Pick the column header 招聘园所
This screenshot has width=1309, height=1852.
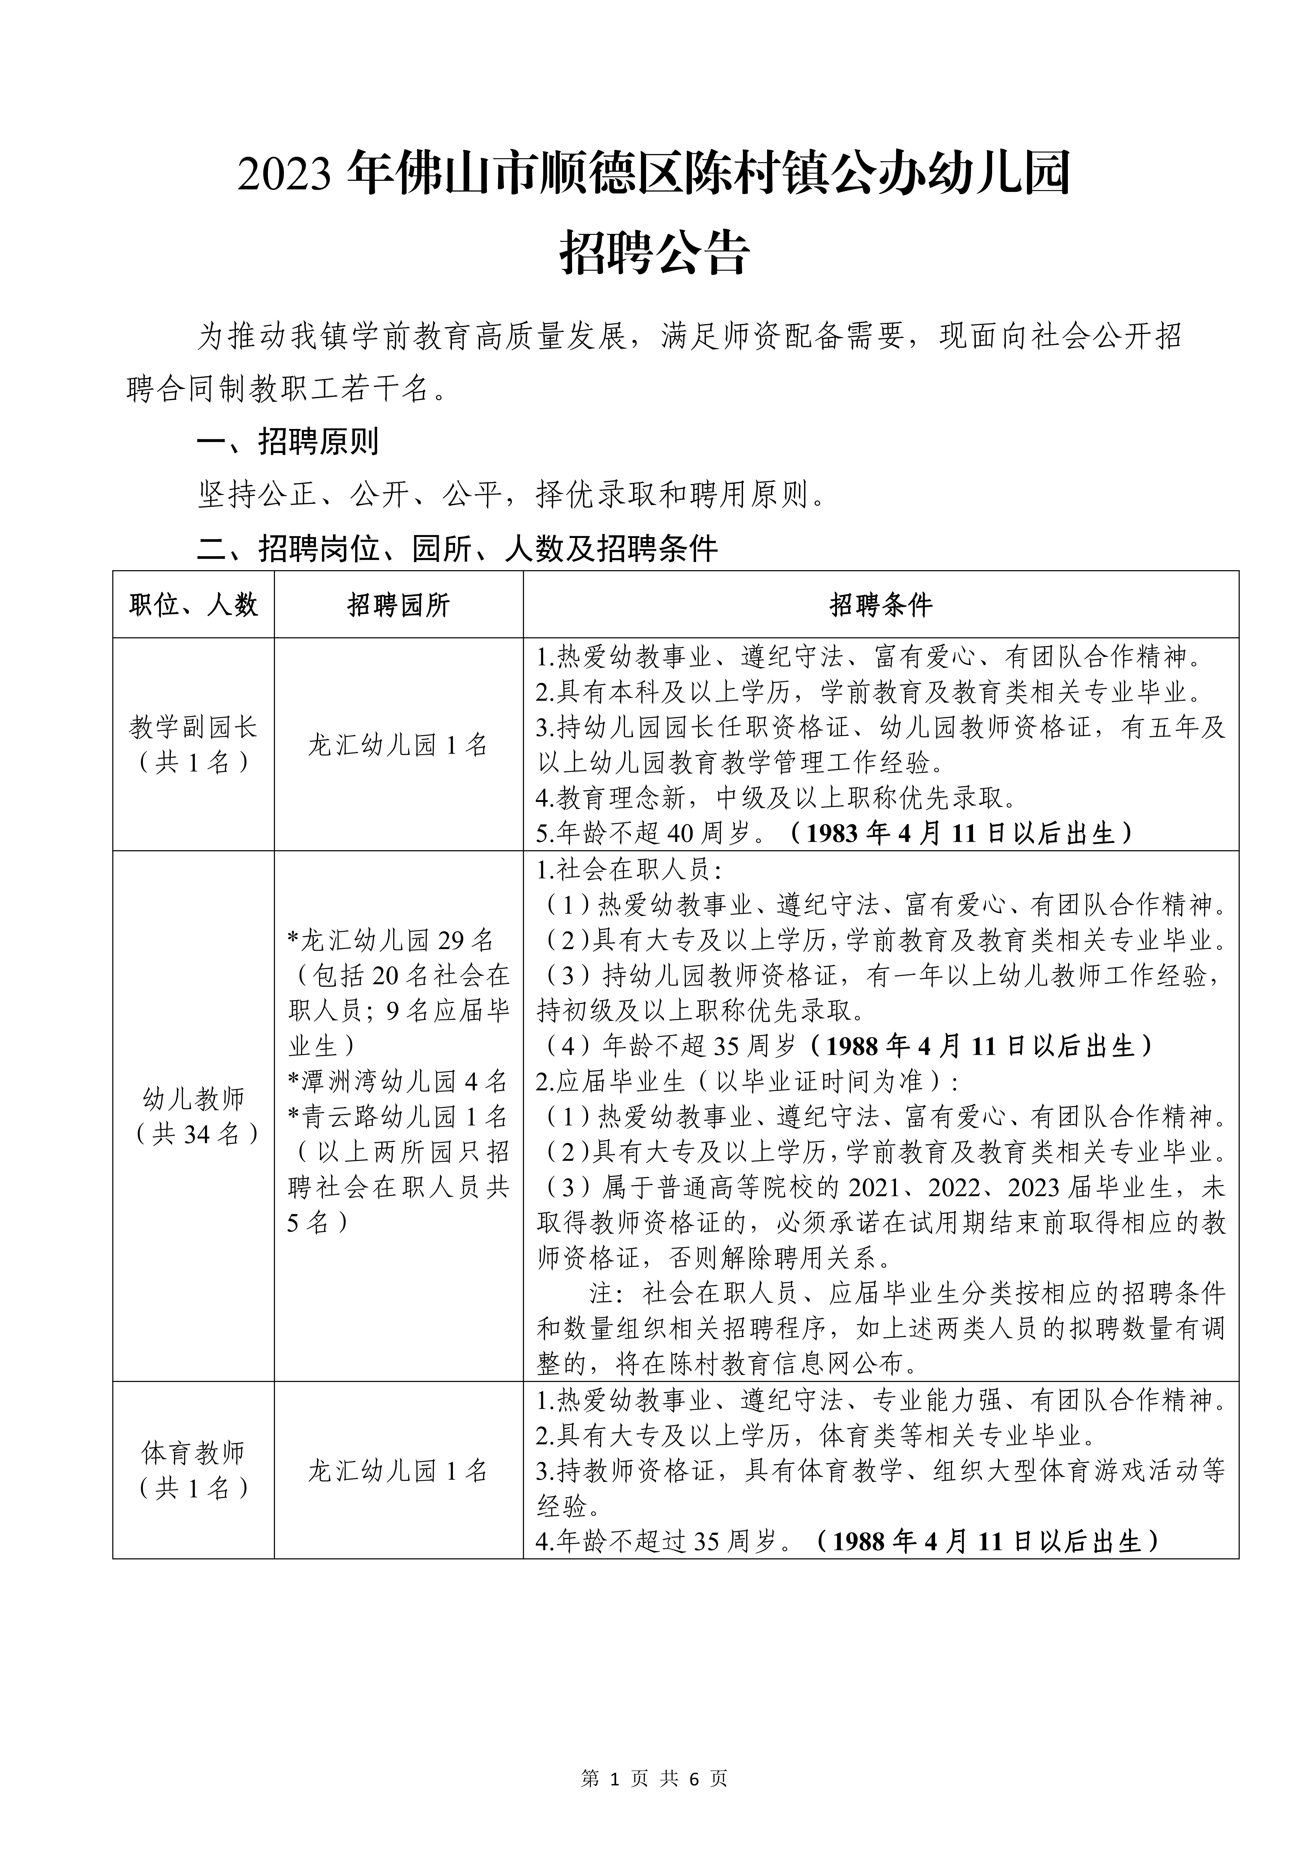[398, 605]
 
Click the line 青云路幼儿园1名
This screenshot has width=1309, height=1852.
[398, 1116]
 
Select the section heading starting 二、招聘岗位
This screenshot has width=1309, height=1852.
[457, 549]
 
